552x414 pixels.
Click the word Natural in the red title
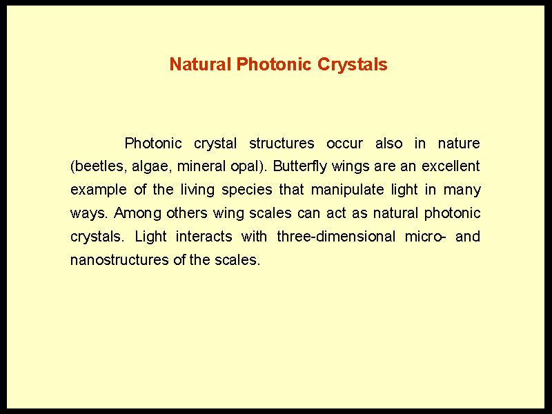[x=200, y=64]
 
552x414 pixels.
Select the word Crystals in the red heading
[x=353, y=65]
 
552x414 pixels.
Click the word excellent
[x=451, y=166]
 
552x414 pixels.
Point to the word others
[x=186, y=213]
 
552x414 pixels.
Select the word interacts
[x=204, y=236]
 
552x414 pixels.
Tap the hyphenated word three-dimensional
[x=336, y=236]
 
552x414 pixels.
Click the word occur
[x=344, y=144]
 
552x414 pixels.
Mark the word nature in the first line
[x=459, y=144]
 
